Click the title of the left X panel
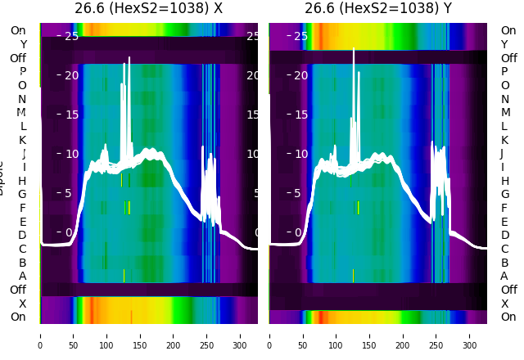point(148,9)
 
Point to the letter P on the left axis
point(22,72)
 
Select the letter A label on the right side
point(504,277)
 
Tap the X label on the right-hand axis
point(504,304)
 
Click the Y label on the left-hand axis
point(22,44)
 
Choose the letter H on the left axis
point(22,181)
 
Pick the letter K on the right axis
point(504,140)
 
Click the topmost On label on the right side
point(508,30)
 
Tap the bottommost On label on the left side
point(18,317)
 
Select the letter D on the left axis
point(22,236)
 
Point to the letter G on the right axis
point(504,195)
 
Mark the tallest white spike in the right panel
point(354,51)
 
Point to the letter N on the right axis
point(504,99)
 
